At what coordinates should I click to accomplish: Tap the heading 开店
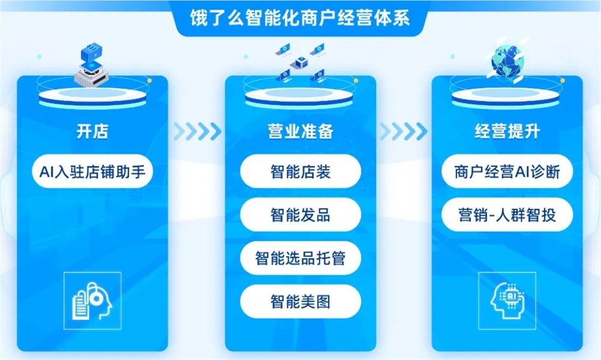pyautogui.click(x=93, y=132)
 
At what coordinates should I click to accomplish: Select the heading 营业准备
pyautogui.click(x=300, y=132)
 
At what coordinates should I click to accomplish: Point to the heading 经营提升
pyautogui.click(x=507, y=132)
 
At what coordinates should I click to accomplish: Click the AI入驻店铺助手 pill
pyautogui.click(x=93, y=173)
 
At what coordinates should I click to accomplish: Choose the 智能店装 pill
pyautogui.click(x=300, y=173)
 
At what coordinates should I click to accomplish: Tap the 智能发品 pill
pyautogui.click(x=300, y=215)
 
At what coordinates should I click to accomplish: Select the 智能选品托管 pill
pyautogui.click(x=300, y=258)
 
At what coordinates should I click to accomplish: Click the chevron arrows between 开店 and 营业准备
pyautogui.click(x=197, y=130)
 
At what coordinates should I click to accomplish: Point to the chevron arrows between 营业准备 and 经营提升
pyautogui.click(x=404, y=130)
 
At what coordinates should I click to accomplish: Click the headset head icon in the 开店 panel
pyautogui.click(x=92, y=300)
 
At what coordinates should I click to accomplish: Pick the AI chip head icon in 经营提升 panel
pyautogui.click(x=507, y=300)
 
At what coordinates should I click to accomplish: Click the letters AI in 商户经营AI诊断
pyautogui.click(x=522, y=173)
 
